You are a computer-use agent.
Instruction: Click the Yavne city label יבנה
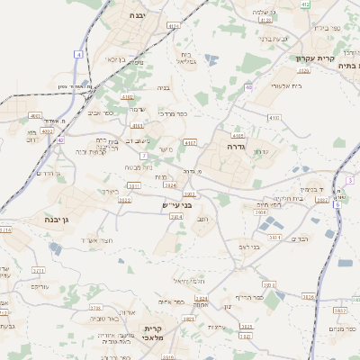click(137, 15)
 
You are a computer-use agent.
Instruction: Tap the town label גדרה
click(237, 146)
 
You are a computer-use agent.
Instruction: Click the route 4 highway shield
click(78, 55)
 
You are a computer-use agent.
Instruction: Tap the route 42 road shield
click(60, 139)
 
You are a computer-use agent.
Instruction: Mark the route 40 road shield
click(247, 87)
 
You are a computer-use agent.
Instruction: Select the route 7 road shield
click(143, 156)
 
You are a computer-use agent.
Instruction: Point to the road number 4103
click(127, 97)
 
